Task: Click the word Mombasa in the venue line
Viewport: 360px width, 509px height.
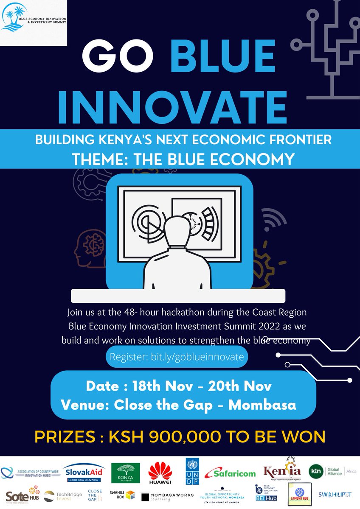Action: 262,404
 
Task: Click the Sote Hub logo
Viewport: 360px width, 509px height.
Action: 21,496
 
